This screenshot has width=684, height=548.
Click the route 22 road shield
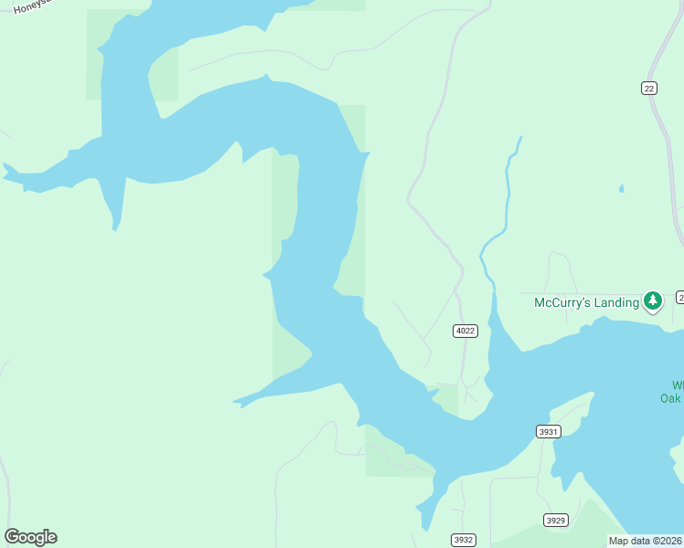pyautogui.click(x=649, y=88)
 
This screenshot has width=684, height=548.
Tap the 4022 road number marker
pyautogui.click(x=465, y=331)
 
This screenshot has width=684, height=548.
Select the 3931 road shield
pyautogui.click(x=548, y=431)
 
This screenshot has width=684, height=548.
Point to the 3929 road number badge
pyautogui.click(x=555, y=520)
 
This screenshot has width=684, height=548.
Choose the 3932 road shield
pyautogui.click(x=464, y=540)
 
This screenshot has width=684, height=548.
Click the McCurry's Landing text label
pyautogui.click(x=586, y=302)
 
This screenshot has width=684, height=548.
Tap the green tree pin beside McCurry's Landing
pyautogui.click(x=652, y=300)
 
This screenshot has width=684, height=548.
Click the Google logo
pyautogui.click(x=30, y=537)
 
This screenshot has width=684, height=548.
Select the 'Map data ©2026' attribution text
pyautogui.click(x=646, y=541)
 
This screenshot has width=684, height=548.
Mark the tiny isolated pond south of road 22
pyautogui.click(x=621, y=189)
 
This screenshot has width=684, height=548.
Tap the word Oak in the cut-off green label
pyautogui.click(x=672, y=397)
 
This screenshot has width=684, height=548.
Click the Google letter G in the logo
pyautogui.click(x=12, y=537)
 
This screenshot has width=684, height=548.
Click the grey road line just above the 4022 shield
pyautogui.click(x=460, y=306)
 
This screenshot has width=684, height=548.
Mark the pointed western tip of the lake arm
pyautogui.click(x=5, y=167)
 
